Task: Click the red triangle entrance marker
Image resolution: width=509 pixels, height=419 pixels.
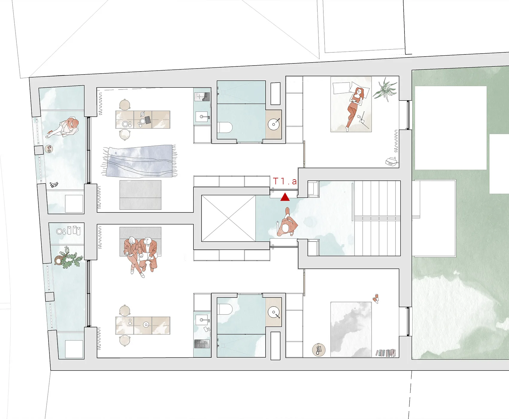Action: [285, 197]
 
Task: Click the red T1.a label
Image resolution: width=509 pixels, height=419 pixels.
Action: [285, 181]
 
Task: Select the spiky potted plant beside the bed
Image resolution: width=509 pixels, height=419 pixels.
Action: [385, 89]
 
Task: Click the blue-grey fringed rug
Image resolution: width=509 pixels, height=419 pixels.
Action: [139, 161]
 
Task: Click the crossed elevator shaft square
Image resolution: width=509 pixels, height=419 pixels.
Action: [228, 218]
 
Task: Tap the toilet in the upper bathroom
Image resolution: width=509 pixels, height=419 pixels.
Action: [225, 127]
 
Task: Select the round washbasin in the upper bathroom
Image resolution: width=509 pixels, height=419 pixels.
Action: [274, 124]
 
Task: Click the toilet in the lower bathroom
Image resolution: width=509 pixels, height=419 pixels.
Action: [225, 309]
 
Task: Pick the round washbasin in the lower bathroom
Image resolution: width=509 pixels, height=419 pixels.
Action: [274, 313]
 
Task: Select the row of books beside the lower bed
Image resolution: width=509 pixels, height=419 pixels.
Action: [386, 353]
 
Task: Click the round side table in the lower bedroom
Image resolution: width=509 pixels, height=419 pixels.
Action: [319, 350]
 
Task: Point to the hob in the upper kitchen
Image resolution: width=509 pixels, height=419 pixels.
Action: [202, 97]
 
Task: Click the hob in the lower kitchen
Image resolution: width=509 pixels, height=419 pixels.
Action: [202, 344]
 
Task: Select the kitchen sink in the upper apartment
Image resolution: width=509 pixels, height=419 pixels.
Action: [202, 116]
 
